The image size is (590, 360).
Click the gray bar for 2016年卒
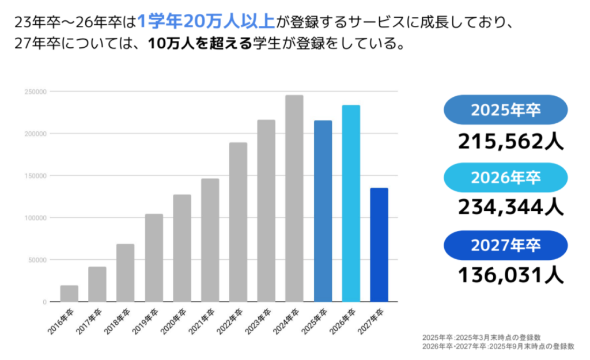pos(69,294)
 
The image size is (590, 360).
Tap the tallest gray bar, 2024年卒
pos(294,199)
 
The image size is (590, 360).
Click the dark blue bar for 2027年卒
pos(379,245)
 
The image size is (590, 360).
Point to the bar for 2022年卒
pos(238,222)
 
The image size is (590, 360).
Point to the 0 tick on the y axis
pos(44,302)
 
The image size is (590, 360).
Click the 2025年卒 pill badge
pos(505,110)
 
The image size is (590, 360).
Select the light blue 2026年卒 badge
pos(505,178)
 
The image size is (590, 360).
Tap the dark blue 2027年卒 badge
pos(505,245)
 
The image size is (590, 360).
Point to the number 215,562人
pos(510,140)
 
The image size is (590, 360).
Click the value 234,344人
pos(510,206)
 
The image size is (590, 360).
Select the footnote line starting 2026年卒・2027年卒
pos(498,347)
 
